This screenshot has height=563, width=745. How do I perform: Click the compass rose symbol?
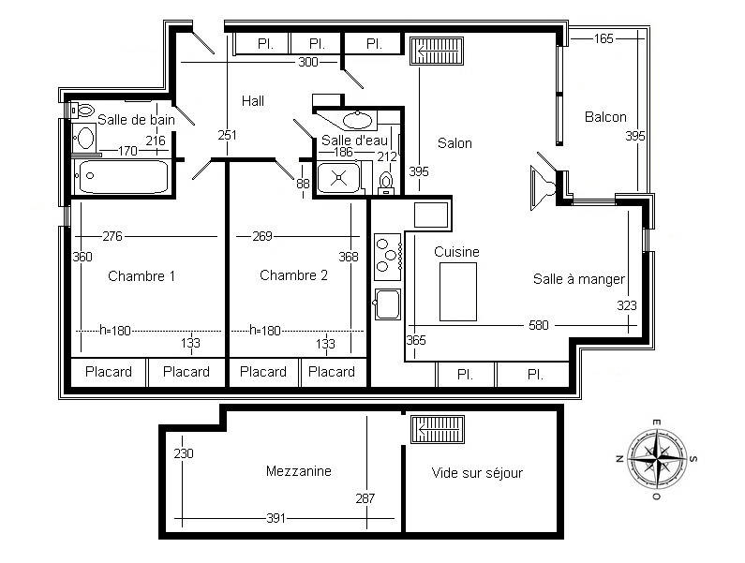coord(657,459)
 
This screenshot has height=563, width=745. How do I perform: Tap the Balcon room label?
coord(605,117)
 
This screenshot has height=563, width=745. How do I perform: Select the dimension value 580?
coord(538,325)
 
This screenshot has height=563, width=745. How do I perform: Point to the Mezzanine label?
coord(298,471)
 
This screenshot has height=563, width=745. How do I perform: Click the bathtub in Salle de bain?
coord(123,177)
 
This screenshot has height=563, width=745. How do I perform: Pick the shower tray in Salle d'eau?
coord(339,177)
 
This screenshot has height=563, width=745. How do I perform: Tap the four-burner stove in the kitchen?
coord(388,257)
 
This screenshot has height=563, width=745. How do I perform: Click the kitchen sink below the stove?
coord(388,304)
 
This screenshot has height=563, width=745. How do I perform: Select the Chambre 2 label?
coord(293,275)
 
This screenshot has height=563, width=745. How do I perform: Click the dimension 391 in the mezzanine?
coord(276,518)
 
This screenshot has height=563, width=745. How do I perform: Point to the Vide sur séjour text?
coord(477,473)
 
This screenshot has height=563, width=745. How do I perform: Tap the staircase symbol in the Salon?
coord(436,51)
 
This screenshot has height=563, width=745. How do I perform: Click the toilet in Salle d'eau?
coord(386,184)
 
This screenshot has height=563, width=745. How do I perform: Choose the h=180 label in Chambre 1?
coord(115,330)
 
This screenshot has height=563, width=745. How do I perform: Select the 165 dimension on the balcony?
coord(603,38)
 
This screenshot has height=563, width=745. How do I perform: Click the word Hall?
coord(253,101)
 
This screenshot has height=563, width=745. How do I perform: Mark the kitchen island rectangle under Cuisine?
coord(458,291)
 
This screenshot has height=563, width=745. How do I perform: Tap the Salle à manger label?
coord(579,279)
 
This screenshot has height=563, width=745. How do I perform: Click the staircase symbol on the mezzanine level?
coord(437,429)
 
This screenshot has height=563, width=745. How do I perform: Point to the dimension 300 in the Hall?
coord(308,62)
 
